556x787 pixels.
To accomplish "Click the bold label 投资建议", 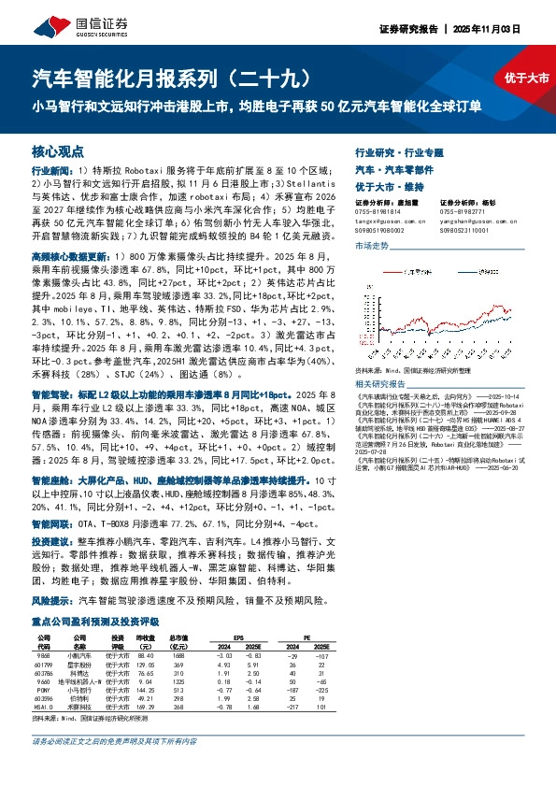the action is pyautogui.click(x=51, y=541).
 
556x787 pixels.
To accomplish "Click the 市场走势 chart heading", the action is pyautogui.click(x=371, y=245).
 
